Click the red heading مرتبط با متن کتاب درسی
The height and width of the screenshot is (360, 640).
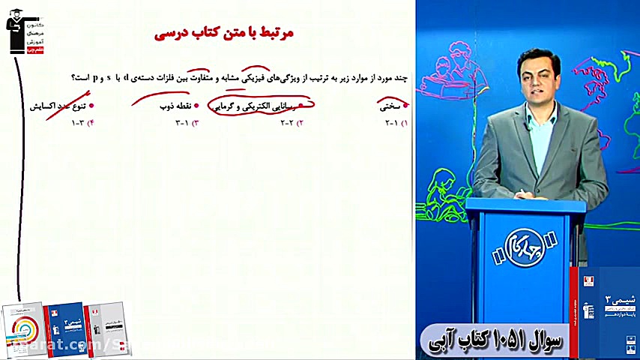[224, 33]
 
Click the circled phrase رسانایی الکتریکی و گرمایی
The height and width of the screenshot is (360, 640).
[262, 106]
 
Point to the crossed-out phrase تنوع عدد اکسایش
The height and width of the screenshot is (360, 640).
[59, 106]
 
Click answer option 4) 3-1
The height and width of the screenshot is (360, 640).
[81, 122]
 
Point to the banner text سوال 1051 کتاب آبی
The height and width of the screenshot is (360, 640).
[497, 338]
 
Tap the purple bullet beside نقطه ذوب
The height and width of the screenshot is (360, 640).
[196, 106]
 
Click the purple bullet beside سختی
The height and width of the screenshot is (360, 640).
[406, 106]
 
